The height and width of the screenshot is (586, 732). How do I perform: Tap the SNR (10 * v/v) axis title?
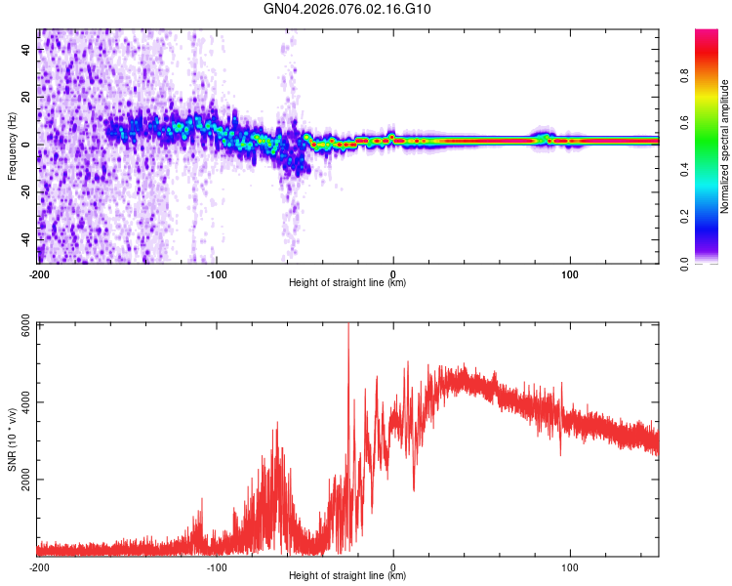[12, 439]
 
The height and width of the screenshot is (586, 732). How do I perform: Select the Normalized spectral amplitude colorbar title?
[725, 146]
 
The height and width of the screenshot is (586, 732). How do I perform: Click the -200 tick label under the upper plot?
[39, 274]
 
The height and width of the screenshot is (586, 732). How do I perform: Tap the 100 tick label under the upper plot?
[569, 274]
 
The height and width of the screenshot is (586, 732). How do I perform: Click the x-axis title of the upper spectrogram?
[347, 283]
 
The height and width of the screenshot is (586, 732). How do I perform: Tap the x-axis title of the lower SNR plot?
[347, 576]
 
